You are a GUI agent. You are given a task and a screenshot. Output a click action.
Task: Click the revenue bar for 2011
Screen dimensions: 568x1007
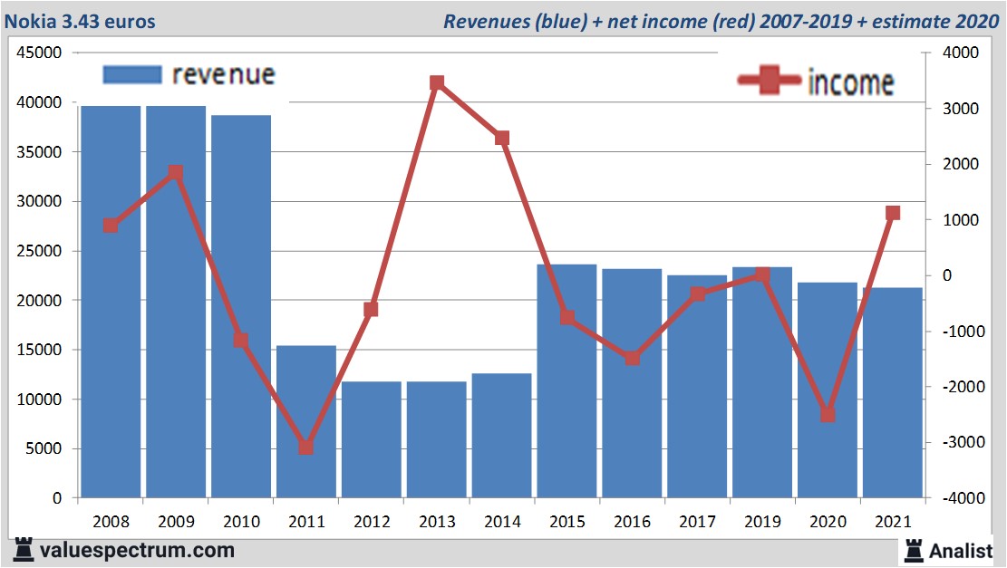(x=306, y=422)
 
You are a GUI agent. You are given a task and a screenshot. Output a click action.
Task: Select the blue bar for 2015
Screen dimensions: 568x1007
(x=566, y=381)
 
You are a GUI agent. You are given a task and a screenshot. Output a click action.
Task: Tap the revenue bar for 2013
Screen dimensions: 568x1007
(x=436, y=439)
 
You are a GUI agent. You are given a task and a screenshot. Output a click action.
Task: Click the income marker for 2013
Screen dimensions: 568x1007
(x=436, y=83)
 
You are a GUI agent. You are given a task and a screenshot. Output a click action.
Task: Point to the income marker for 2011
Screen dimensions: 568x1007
(x=306, y=448)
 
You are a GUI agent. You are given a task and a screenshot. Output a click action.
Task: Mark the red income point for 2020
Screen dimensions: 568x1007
(x=827, y=414)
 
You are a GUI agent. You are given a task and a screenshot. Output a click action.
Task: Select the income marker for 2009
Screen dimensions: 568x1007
(x=176, y=173)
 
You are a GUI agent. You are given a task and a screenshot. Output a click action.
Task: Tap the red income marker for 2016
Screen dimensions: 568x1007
(x=632, y=358)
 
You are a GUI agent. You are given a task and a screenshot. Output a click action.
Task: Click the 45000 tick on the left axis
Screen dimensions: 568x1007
(x=40, y=53)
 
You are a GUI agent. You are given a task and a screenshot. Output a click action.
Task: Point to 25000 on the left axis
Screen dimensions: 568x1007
(x=40, y=251)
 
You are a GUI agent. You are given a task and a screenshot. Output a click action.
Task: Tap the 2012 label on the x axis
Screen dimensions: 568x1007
(x=372, y=523)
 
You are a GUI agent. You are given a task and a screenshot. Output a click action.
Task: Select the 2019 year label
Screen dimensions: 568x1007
(x=762, y=523)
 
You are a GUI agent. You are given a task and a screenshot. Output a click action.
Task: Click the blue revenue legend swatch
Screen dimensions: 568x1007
(x=132, y=74)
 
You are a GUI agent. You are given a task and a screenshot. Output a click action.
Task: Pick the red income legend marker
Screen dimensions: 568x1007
(x=770, y=82)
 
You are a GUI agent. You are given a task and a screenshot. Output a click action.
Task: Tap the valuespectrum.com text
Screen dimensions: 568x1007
(x=136, y=550)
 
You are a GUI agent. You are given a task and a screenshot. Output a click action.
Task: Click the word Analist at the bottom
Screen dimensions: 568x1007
(x=961, y=550)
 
